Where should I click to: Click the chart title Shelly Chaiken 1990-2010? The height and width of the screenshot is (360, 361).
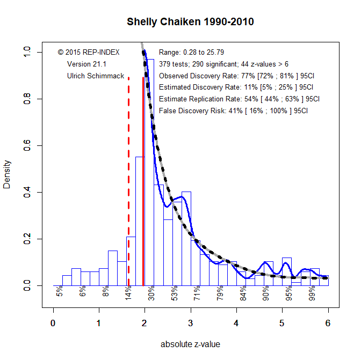pos(190,23)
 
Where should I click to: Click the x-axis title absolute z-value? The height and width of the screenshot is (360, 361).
pos(190,344)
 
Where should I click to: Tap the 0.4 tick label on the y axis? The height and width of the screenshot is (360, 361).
pos(27,192)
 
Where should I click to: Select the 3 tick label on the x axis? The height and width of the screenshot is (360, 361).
pos(190,323)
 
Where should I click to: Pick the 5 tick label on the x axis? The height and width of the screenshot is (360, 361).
pos(282,323)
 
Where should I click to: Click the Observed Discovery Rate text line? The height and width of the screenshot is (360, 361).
pos(236,76)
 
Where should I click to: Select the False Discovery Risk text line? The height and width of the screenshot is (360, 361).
pos(234,111)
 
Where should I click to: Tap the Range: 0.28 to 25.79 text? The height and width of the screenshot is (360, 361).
pos(192,53)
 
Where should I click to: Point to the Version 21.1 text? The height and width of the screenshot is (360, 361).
pos(86,64)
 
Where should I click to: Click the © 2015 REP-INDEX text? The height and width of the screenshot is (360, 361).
pos(89,53)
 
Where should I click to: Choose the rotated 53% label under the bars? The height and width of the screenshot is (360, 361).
pos(175,294)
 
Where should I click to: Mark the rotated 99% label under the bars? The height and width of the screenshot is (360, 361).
pos(312,294)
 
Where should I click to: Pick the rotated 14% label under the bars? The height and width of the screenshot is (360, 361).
pos(128,294)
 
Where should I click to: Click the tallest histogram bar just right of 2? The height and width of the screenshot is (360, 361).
pos(150,172)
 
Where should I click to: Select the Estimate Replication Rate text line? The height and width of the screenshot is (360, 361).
pos(240,99)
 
